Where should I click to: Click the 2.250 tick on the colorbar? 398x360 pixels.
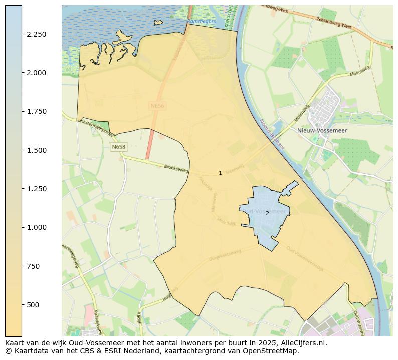pos(37,34)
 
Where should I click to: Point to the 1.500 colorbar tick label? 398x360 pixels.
pos(37,150)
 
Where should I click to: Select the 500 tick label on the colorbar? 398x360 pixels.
pos(34,305)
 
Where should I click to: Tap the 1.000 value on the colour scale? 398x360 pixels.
pos(37,227)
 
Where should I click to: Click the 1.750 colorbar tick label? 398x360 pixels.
pos(37,111)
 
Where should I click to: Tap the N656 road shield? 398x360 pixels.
pos(157,106)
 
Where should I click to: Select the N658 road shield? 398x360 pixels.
pos(119,147)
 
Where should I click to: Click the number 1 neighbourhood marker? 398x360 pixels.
pos(220,173)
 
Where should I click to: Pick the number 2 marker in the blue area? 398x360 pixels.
pos(267,213)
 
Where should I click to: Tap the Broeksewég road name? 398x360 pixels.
pos(176,170)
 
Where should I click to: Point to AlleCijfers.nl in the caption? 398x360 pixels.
pos(303,343)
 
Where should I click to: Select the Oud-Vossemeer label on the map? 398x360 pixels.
pos(264,211)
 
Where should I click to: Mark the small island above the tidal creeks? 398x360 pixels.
pos(159,23)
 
